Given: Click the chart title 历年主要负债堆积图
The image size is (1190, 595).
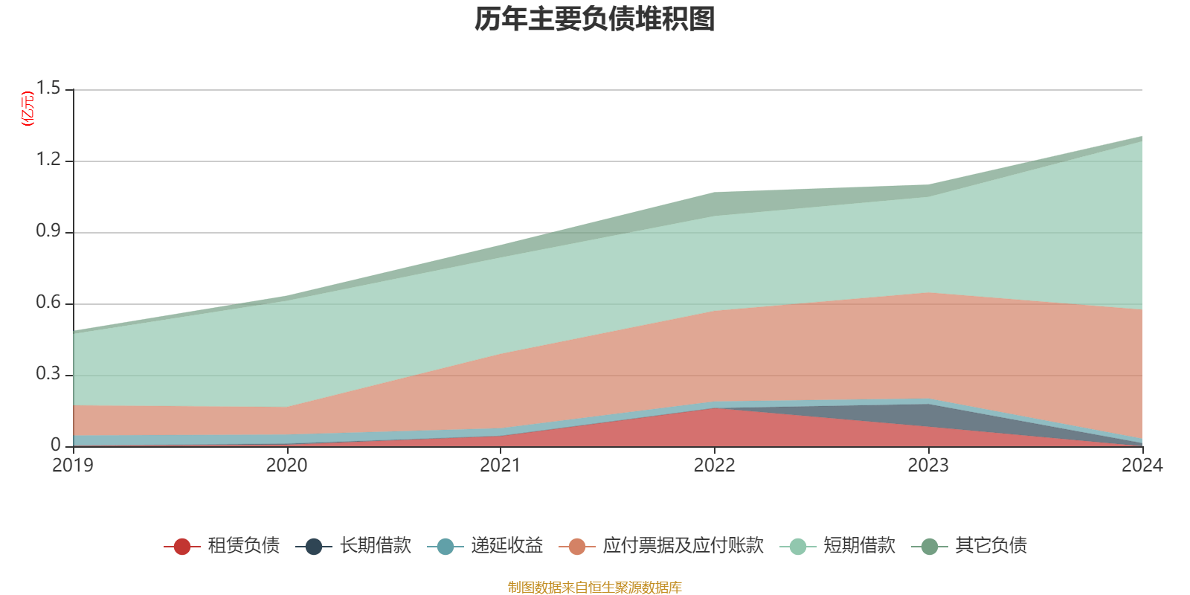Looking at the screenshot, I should pos(595,20).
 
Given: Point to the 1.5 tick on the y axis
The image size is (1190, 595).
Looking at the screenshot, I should pos(48,89).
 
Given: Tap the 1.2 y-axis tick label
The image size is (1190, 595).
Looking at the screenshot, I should pos(48,160).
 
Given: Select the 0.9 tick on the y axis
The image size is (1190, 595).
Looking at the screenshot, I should pos(48,231).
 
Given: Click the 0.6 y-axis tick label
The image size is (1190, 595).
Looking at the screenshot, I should pos(48,303).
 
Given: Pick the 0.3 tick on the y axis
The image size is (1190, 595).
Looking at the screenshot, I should pos(48,374).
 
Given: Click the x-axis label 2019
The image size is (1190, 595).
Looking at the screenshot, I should pos(73,466).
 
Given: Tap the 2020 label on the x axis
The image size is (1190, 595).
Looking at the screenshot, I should pos(286,466).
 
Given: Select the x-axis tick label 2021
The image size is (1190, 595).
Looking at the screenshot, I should pos(501,466).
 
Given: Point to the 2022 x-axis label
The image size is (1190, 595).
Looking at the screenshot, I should pos(714,466).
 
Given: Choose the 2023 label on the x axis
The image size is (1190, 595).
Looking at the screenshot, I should pos(928,466).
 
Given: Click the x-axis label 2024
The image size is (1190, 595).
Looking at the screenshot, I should pos(1142,466).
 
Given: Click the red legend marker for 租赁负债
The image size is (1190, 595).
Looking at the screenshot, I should pos(181,547).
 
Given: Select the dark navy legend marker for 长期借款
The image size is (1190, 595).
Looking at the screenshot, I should pos(314,547).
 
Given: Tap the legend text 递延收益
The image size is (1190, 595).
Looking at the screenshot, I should pos(506,546).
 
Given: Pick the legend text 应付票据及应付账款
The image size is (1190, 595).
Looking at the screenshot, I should pos(683,546).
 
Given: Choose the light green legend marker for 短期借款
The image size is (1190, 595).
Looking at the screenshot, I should pos(797,547).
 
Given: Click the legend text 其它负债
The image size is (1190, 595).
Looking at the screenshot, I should pos(991,546).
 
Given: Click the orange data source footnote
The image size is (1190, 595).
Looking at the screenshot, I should pos(595,588).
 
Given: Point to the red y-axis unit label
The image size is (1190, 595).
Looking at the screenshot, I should pos(27,109).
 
